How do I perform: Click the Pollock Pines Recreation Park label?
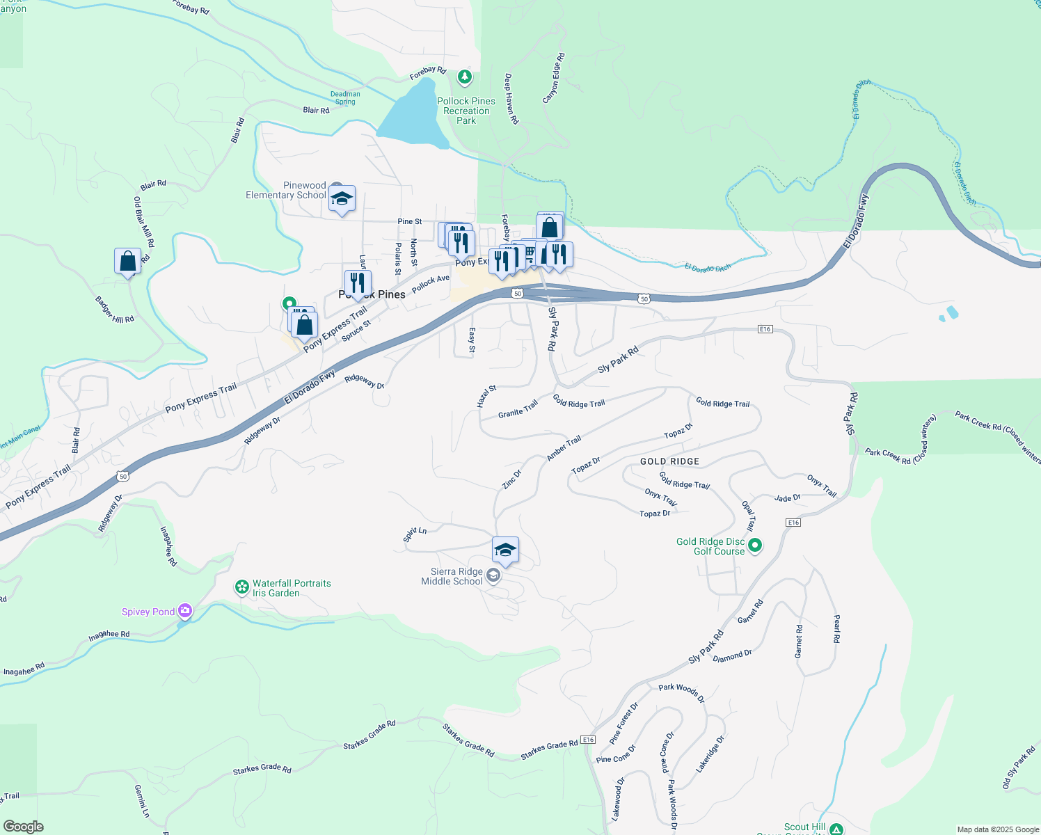[x=466, y=111]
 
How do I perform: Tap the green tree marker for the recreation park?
[x=465, y=77]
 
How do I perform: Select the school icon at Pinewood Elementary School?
[x=342, y=200]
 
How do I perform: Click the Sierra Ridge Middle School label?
[x=452, y=576]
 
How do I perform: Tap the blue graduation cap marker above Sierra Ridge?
[x=505, y=550]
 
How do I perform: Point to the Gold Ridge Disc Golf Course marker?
[x=756, y=546]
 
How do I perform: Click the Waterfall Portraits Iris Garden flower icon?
[x=242, y=587]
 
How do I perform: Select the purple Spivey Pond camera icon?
[x=185, y=611]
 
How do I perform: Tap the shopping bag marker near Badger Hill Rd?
[x=128, y=262]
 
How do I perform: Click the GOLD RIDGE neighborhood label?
[x=669, y=461]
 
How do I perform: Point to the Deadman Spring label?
[x=345, y=97]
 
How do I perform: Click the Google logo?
[x=24, y=827]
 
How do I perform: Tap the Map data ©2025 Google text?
[x=998, y=829]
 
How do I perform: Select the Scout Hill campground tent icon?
[x=836, y=829]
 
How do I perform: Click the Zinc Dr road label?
[x=512, y=479]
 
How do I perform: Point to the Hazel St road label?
[x=486, y=396]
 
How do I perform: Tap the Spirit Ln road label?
[x=415, y=534]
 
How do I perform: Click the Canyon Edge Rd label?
[x=554, y=78]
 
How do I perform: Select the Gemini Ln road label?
[x=141, y=801]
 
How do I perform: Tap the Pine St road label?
[x=410, y=221]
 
